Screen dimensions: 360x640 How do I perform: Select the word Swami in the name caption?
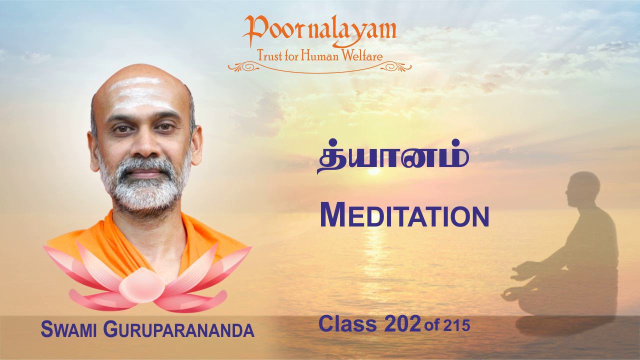tap(69, 330)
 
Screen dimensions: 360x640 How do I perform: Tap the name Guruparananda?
tap(178, 330)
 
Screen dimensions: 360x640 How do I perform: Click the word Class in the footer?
tap(348, 324)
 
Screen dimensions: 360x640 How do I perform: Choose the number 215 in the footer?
tap(456, 326)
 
